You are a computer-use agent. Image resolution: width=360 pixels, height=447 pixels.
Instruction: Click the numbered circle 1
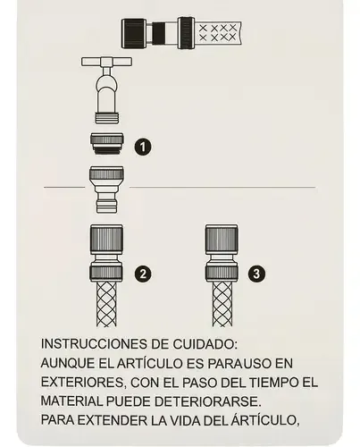tap(143, 147)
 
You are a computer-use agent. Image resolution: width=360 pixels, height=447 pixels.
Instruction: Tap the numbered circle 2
tap(143, 274)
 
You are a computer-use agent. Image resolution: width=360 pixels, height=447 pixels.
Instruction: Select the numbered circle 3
tap(256, 274)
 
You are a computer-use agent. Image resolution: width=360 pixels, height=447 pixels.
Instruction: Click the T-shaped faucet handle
tap(106, 62)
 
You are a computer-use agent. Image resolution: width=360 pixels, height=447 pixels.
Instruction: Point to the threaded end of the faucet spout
tap(107, 118)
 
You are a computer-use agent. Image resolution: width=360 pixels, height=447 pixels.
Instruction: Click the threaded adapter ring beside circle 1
tap(107, 144)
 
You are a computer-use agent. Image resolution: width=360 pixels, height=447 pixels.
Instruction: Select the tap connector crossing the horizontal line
tap(106, 190)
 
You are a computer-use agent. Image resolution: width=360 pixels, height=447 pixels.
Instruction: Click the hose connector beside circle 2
tap(106, 253)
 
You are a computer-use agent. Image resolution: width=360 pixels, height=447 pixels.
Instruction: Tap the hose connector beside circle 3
tap(222, 253)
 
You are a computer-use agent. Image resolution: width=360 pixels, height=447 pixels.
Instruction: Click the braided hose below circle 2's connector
tap(106, 304)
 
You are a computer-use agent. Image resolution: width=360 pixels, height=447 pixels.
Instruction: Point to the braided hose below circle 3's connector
tap(222, 304)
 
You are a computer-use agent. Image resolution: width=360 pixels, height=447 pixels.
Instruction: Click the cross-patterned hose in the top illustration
tap(219, 33)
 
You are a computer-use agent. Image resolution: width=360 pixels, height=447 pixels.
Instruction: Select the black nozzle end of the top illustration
tap(134, 33)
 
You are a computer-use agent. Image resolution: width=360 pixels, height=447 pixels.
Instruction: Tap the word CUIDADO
tap(205, 344)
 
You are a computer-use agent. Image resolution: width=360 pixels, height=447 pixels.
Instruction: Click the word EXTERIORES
tap(82, 383)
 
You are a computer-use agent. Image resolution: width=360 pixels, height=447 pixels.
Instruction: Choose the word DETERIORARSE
tap(208, 401)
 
